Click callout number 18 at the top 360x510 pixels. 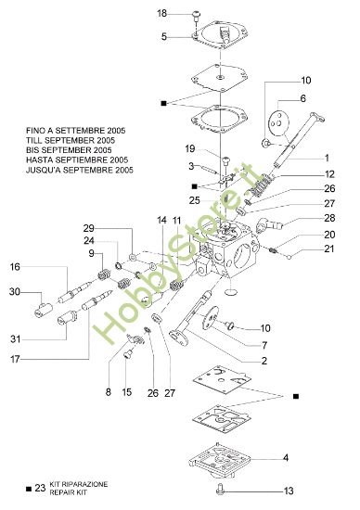pos(162,14)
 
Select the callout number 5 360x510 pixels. pos(164,37)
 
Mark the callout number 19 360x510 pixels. pos(189,148)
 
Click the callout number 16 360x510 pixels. pos(15,266)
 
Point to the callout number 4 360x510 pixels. pos(286,457)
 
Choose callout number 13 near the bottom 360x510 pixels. pos(289,491)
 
